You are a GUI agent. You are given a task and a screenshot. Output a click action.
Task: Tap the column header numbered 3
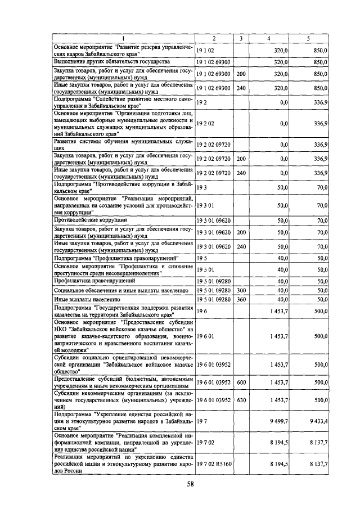(240, 38)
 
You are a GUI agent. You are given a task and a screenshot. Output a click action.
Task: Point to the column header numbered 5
(308, 38)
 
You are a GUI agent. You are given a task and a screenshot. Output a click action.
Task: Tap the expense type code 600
(241, 382)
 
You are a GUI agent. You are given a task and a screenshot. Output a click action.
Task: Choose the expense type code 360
(241, 299)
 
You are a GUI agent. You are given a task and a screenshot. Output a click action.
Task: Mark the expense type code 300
(241, 290)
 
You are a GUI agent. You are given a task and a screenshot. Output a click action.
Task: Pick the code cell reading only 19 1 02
(205, 50)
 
